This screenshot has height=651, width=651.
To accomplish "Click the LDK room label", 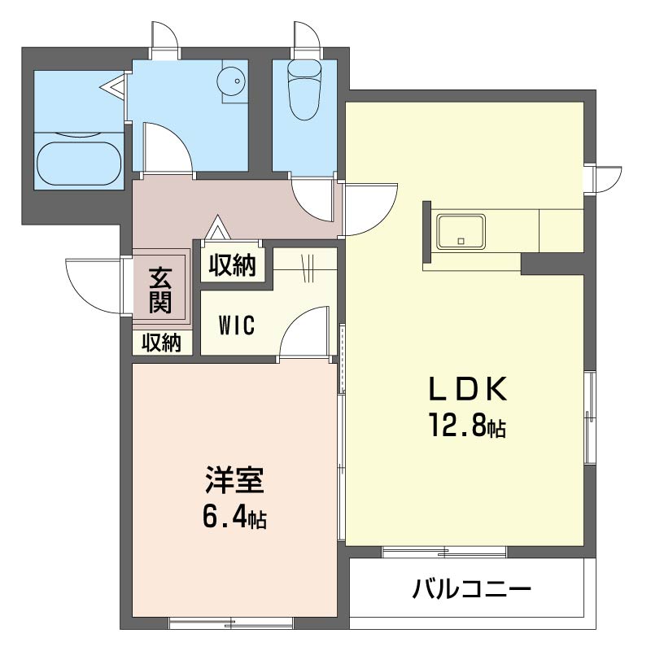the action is (467, 389).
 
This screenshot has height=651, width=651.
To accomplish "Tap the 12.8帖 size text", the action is (467, 426).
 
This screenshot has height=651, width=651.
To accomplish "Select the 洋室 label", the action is (235, 479).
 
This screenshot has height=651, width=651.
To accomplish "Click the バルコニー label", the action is (472, 588).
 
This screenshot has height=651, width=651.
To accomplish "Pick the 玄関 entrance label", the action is (160, 291).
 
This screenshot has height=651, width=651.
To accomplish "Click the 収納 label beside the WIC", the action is (232, 265).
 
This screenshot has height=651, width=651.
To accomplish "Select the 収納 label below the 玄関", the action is (162, 343).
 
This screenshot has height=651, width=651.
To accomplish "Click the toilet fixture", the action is (305, 90).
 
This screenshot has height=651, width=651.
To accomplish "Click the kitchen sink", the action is (461, 232).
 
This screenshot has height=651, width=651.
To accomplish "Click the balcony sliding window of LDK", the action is (444, 553).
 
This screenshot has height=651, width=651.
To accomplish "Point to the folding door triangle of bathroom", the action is (114, 86).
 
